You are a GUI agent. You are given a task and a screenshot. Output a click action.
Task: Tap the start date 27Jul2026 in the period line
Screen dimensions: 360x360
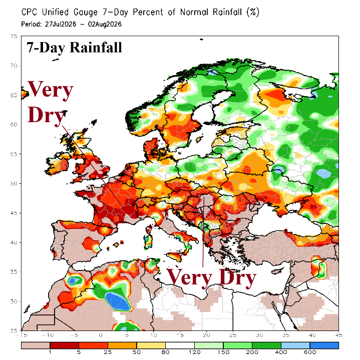[61, 24]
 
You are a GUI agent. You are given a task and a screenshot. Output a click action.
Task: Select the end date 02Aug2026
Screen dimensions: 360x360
[105, 25]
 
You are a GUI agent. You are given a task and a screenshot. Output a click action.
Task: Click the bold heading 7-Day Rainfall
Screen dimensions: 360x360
[74, 48]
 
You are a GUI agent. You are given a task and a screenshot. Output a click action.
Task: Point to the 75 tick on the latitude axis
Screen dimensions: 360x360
[14, 36]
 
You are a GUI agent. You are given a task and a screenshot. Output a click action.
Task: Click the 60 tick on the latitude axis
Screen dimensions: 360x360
[14, 125]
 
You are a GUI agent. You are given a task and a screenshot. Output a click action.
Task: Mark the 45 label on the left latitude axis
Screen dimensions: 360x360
[14, 213]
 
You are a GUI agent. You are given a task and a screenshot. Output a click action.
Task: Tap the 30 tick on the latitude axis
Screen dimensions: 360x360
[14, 301]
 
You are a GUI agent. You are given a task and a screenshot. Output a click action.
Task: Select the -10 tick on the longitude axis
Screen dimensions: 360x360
[48, 335]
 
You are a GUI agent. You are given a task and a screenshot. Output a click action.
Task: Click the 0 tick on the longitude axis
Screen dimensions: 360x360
[101, 335]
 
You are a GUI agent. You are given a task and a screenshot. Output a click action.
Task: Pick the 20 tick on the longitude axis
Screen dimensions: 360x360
[206, 335]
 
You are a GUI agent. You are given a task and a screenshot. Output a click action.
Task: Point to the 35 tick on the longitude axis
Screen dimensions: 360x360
[286, 335]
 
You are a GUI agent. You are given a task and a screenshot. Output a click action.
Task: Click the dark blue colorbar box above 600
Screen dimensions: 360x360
[324, 345]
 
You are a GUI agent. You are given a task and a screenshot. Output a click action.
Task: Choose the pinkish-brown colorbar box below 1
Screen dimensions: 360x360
[36, 345]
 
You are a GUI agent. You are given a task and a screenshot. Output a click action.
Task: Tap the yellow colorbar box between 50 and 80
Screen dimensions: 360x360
[151, 345]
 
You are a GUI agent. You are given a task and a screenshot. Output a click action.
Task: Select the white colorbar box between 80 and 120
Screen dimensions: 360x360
[180, 345]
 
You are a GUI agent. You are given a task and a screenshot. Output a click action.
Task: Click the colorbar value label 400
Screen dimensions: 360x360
[281, 352]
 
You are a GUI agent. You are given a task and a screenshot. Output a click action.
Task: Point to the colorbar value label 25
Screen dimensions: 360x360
[108, 352]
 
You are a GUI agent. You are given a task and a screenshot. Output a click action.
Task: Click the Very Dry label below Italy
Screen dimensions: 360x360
[211, 277]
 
